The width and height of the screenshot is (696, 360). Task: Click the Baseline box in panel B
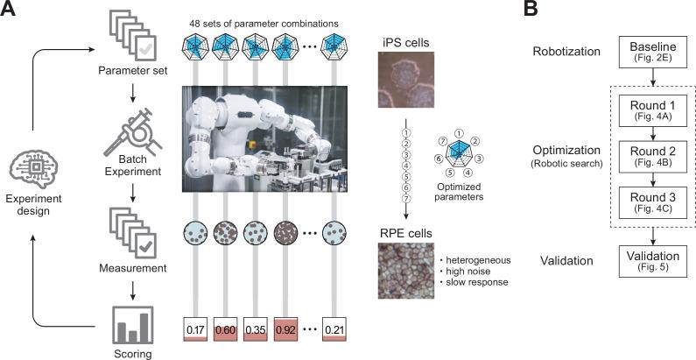click(x=650, y=53)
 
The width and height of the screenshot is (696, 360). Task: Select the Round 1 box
click(x=650, y=109)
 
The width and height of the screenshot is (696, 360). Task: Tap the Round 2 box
click(x=650, y=157)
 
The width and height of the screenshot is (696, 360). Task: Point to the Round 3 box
click(x=650, y=203)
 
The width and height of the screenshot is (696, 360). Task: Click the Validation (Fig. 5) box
click(x=650, y=260)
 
